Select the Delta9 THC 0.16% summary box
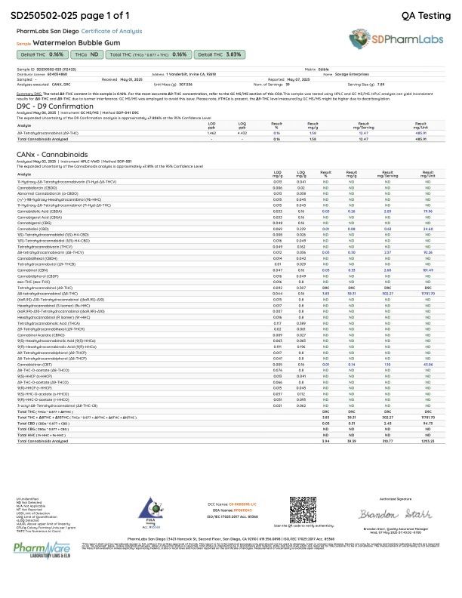47,55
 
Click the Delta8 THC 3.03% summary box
219,55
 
